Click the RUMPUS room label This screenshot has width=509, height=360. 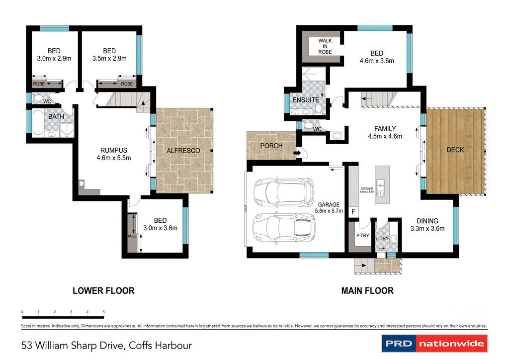pos(114,150)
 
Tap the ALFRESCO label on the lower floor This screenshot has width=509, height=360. pos(183,150)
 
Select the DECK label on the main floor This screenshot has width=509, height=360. pos(455,149)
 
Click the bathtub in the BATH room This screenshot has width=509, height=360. pos(38,123)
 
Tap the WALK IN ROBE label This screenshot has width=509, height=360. pos(325,46)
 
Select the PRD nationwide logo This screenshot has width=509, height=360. pos(434,344)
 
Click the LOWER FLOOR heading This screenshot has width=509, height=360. pos(103,290)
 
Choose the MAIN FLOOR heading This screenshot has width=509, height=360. pos(367,290)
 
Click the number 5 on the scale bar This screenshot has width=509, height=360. pos(104,312)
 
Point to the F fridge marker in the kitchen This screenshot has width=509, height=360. pos(353,212)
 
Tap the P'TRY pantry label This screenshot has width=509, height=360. pos(362,236)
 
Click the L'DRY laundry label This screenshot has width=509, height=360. pos(382,238)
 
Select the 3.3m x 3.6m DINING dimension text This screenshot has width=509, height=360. pos(427,229)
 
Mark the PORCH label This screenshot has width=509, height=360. pos(271,146)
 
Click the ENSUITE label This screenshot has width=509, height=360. pos(306,100)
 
